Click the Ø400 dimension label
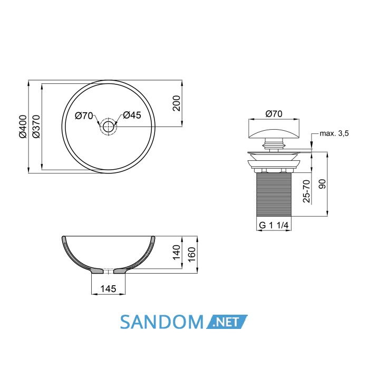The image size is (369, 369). pos(23,127)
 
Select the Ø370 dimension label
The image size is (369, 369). pos(36,127)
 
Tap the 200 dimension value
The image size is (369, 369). pos(176,103)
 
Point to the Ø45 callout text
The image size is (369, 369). pos(132,115)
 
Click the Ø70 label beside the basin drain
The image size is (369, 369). pos(84,116)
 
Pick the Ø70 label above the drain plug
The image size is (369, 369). pos(274,114)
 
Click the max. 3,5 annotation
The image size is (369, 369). pos(334,134)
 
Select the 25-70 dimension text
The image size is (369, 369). pos(307,191)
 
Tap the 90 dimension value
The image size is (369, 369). pos(322,184)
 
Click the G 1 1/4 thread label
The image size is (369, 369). pos(274,225)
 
